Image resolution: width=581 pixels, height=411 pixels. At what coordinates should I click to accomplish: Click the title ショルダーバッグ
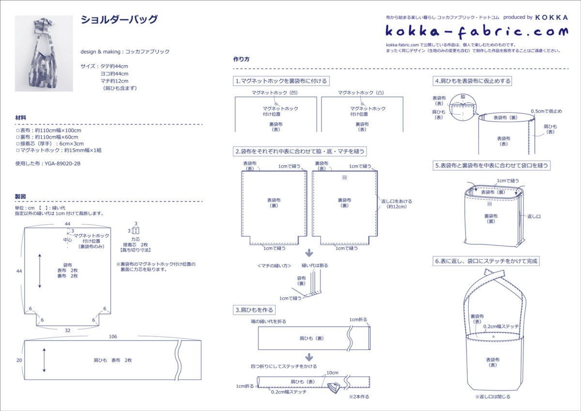click(119, 20)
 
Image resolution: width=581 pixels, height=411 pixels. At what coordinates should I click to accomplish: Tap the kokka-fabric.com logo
click(477, 32)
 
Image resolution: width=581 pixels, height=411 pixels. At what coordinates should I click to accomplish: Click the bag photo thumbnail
click(44, 53)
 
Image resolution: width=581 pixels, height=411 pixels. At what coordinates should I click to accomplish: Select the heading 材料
click(21, 118)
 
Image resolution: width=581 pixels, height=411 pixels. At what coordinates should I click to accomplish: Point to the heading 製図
click(21, 196)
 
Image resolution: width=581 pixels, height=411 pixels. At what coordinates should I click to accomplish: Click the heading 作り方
click(241, 59)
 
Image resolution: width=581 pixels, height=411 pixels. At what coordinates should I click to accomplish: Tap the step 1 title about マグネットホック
click(281, 81)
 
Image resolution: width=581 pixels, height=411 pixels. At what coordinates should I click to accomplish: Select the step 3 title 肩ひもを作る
click(254, 310)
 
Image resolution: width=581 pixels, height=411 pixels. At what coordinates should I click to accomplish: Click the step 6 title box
click(486, 261)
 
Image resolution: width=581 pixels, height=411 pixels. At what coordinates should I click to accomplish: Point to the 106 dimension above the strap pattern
click(113, 336)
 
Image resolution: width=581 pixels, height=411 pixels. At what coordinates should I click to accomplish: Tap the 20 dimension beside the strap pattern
click(19, 360)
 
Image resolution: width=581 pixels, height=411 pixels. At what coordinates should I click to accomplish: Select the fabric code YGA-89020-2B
click(48, 163)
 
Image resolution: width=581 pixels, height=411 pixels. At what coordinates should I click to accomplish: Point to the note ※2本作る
click(359, 396)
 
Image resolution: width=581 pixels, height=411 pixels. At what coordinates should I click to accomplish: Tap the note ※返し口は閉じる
click(492, 396)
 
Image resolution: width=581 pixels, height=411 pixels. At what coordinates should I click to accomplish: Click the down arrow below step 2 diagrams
click(308, 253)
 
